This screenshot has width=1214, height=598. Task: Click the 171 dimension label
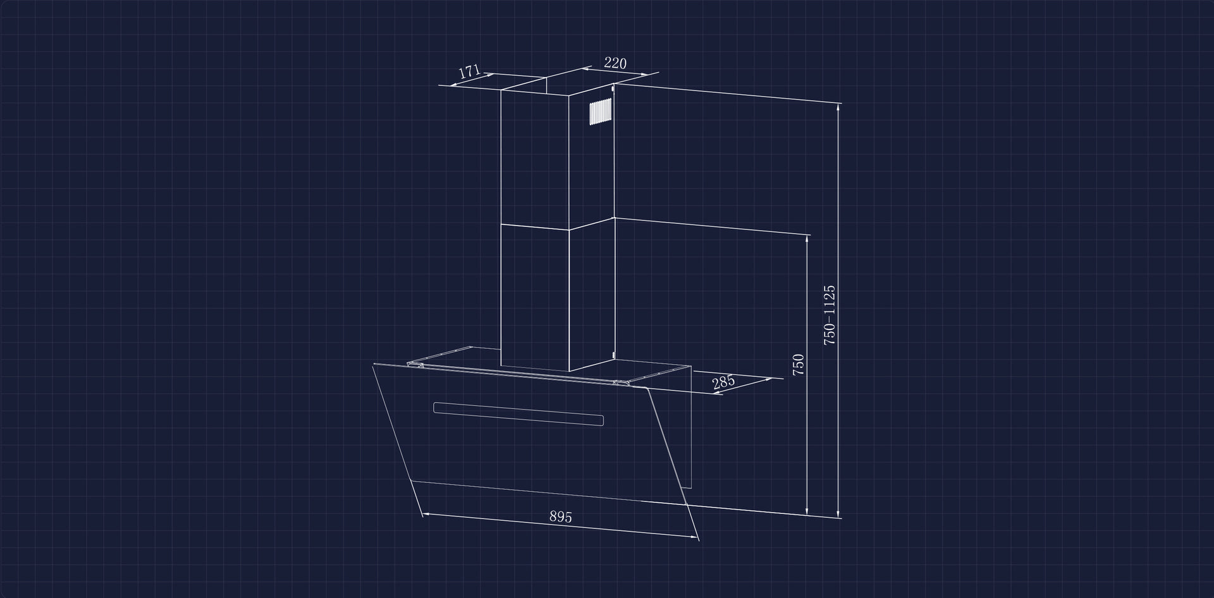tap(470, 71)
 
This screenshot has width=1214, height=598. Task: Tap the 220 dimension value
tap(615, 63)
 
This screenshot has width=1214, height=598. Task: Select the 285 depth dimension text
tap(723, 382)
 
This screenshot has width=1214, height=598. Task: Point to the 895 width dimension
tap(560, 516)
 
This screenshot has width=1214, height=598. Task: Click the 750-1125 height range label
tap(830, 314)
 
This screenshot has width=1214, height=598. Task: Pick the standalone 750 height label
tap(799, 365)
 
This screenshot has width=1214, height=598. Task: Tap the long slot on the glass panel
tap(518, 414)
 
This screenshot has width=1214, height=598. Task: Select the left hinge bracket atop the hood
tap(416, 364)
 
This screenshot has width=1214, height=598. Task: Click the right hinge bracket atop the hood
tap(622, 382)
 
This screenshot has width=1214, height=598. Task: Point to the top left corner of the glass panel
tap(374, 363)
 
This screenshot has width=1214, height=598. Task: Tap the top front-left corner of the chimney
tap(501, 90)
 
